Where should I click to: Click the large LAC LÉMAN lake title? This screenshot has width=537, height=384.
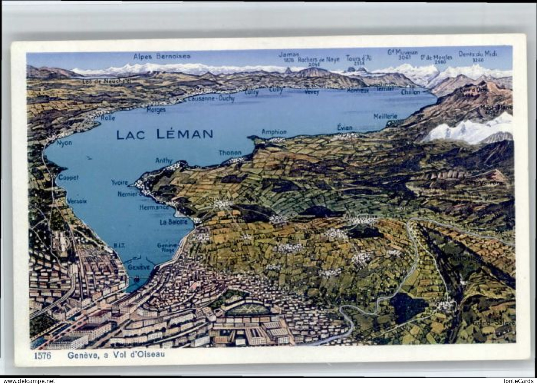(164, 134)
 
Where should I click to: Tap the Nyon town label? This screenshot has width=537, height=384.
(64, 143)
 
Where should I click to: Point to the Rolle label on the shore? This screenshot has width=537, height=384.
(108, 118)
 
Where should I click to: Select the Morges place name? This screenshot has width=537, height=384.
(156, 110)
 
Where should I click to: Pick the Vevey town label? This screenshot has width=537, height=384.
(312, 92)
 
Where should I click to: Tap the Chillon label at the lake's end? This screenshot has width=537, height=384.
(410, 92)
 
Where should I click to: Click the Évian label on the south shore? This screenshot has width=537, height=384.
(345, 128)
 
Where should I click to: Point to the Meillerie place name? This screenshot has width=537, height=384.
(385, 116)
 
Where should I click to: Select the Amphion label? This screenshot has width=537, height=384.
(274, 132)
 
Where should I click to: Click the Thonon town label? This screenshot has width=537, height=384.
(230, 153)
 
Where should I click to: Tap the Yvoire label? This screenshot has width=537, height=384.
(119, 183)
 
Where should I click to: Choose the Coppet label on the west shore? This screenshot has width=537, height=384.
(68, 177)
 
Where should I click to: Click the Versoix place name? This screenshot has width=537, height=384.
(77, 201)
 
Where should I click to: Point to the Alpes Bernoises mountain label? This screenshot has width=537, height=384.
(162, 56)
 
